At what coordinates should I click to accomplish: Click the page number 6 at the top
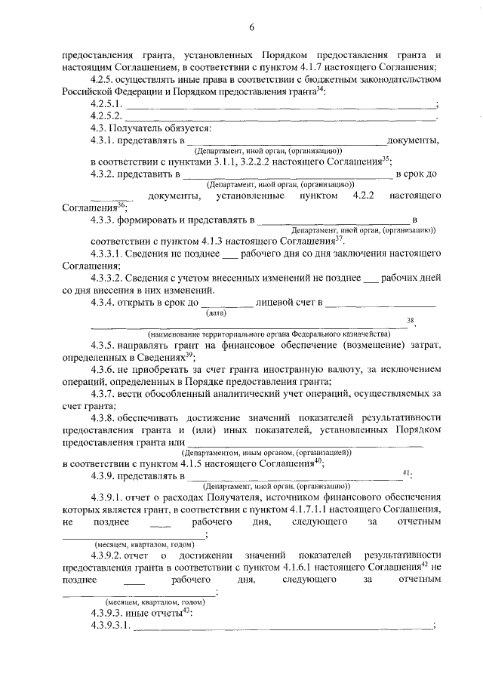[252, 28]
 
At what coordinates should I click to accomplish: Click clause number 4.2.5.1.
[106, 103]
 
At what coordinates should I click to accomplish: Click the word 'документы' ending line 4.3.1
[414, 140]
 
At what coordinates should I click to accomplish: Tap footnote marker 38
[411, 321]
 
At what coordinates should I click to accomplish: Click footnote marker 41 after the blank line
[407, 474]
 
